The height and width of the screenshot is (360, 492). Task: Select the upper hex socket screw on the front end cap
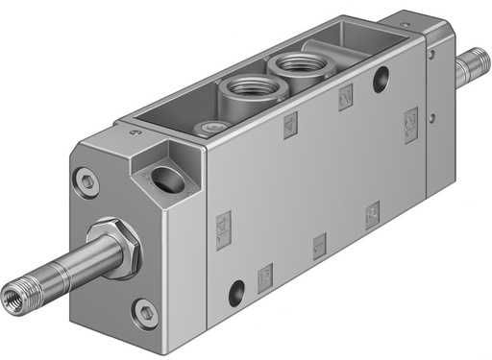coord(90,180)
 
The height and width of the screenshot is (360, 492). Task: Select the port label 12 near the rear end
coord(411,120)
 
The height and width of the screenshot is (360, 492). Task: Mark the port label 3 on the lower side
coord(371,214)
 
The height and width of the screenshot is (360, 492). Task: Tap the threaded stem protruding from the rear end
coord(470,70)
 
